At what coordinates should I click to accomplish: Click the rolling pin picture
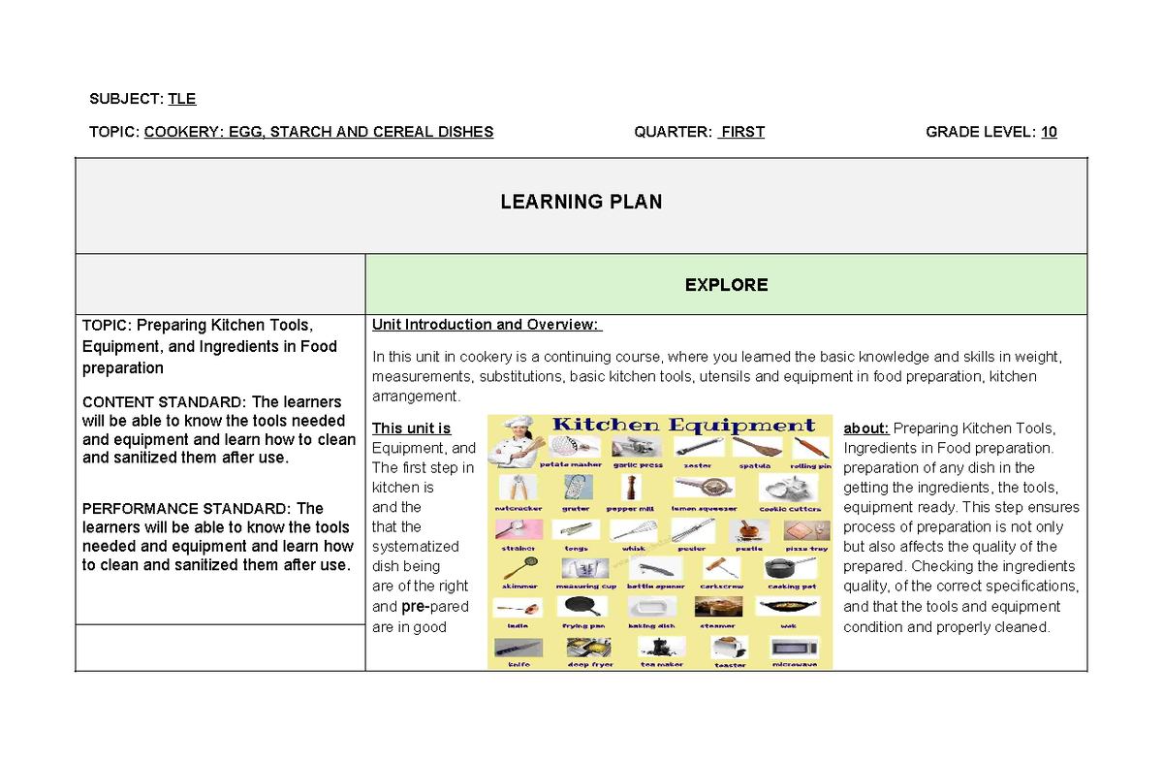point(810,448)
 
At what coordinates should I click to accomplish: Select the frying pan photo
point(582,607)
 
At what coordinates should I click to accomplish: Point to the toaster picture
point(729,647)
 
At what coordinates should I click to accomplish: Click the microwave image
point(795,647)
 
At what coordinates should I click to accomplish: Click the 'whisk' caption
point(633,549)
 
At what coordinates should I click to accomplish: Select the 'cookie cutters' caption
point(790,508)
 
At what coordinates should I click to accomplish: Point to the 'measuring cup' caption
point(585,587)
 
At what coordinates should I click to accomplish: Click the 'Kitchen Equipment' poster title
point(683,425)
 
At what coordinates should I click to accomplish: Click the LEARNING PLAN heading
point(581,202)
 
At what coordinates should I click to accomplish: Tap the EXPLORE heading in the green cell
point(726,284)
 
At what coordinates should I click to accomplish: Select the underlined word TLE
point(182,98)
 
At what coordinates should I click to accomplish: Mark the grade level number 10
point(1049,132)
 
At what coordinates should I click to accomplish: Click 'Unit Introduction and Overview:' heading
point(487,325)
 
